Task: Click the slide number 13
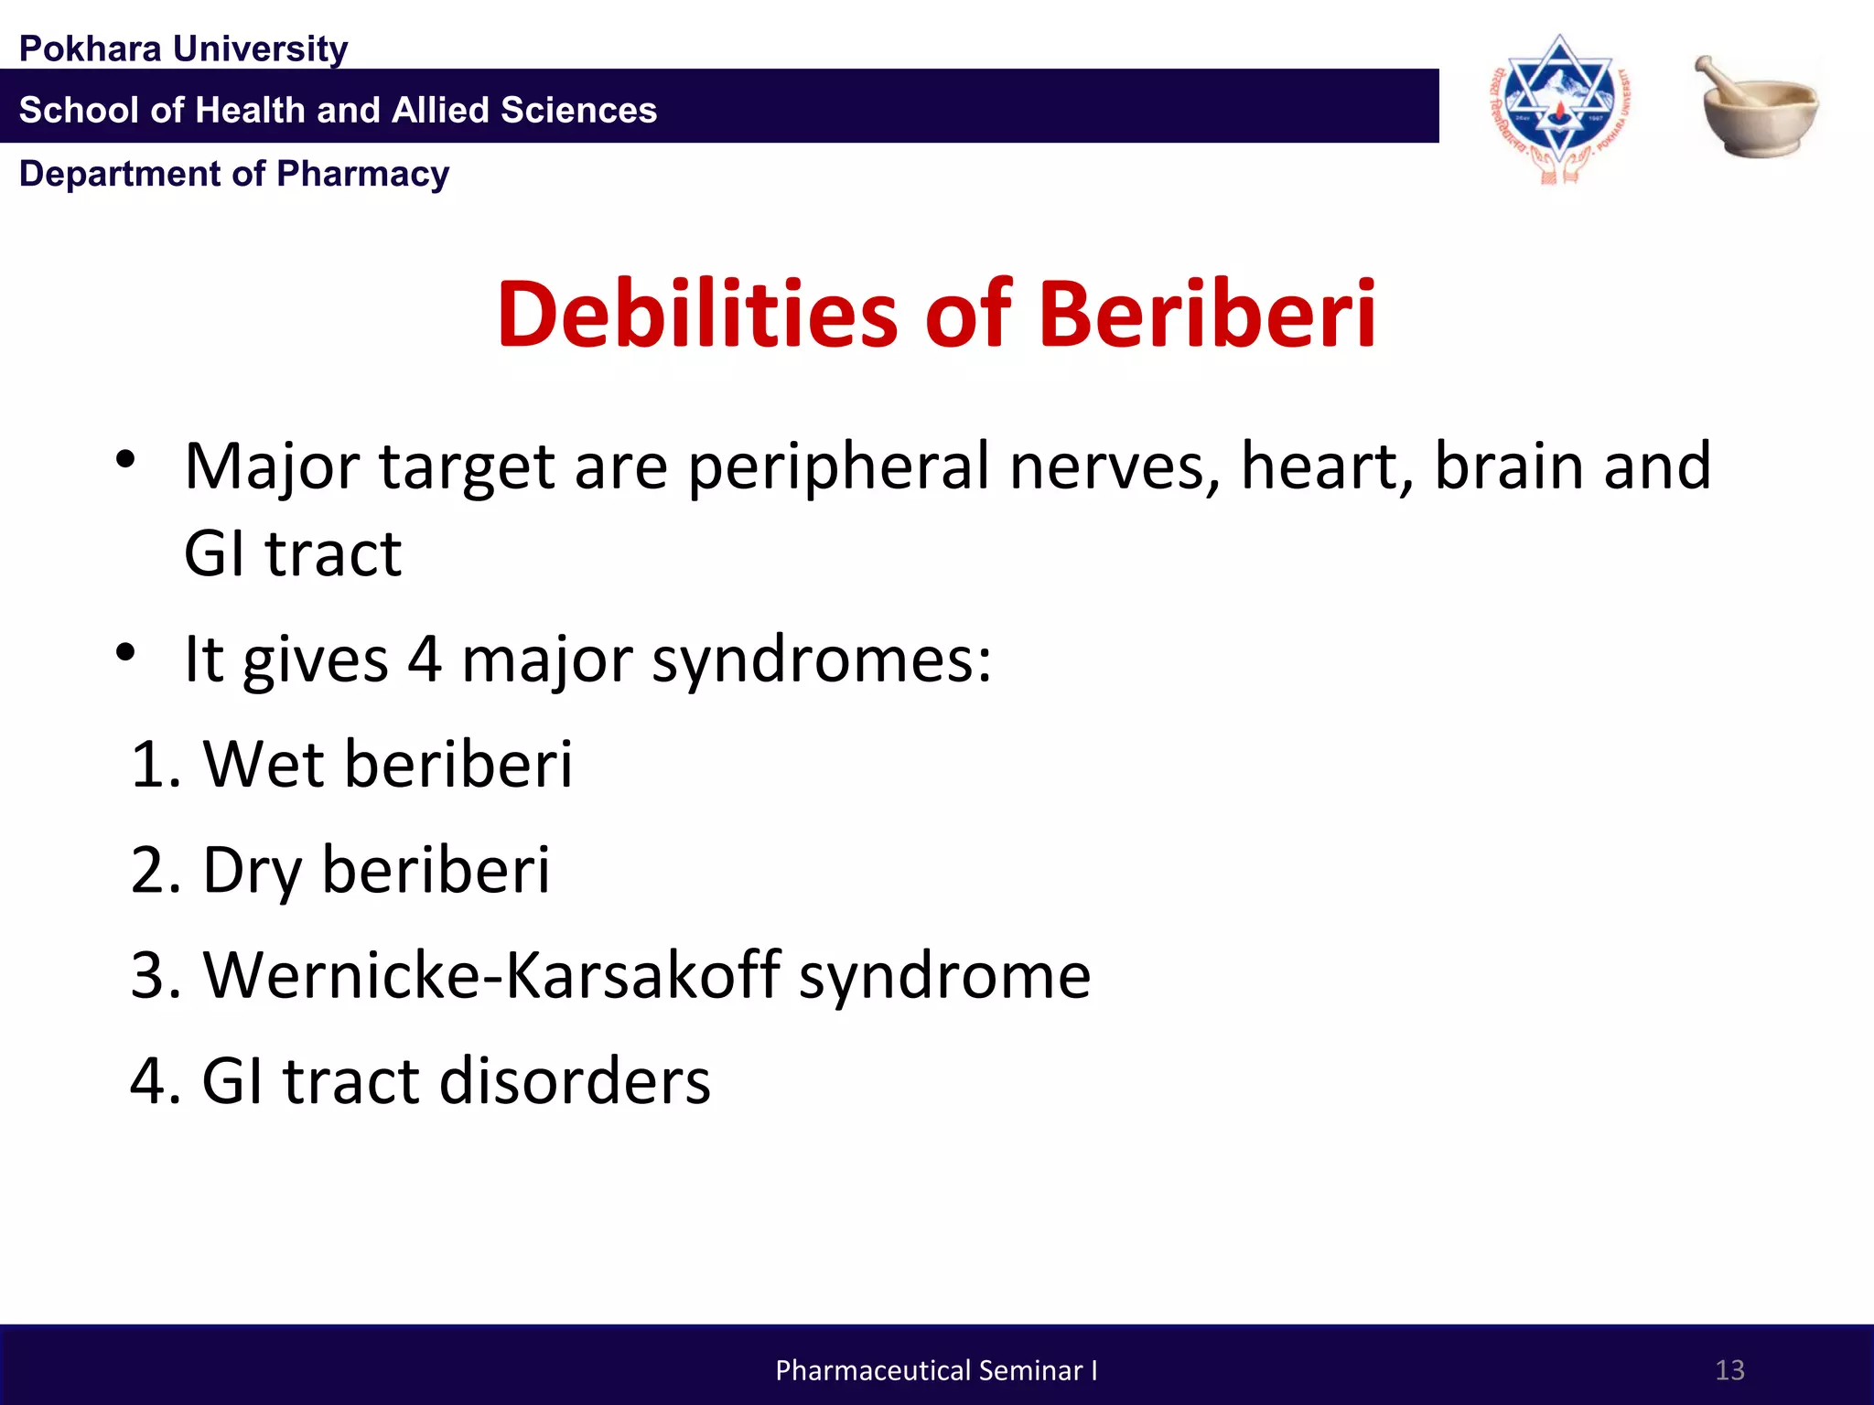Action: [x=1729, y=1370]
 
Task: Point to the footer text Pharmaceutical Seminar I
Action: [x=936, y=1370]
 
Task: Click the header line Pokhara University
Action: [x=183, y=48]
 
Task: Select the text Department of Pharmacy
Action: [x=234, y=174]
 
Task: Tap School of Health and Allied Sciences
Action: [x=338, y=110]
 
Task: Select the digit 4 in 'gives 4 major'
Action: [x=425, y=659]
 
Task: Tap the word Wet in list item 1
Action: [x=264, y=764]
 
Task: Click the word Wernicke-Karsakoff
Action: [x=492, y=975]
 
